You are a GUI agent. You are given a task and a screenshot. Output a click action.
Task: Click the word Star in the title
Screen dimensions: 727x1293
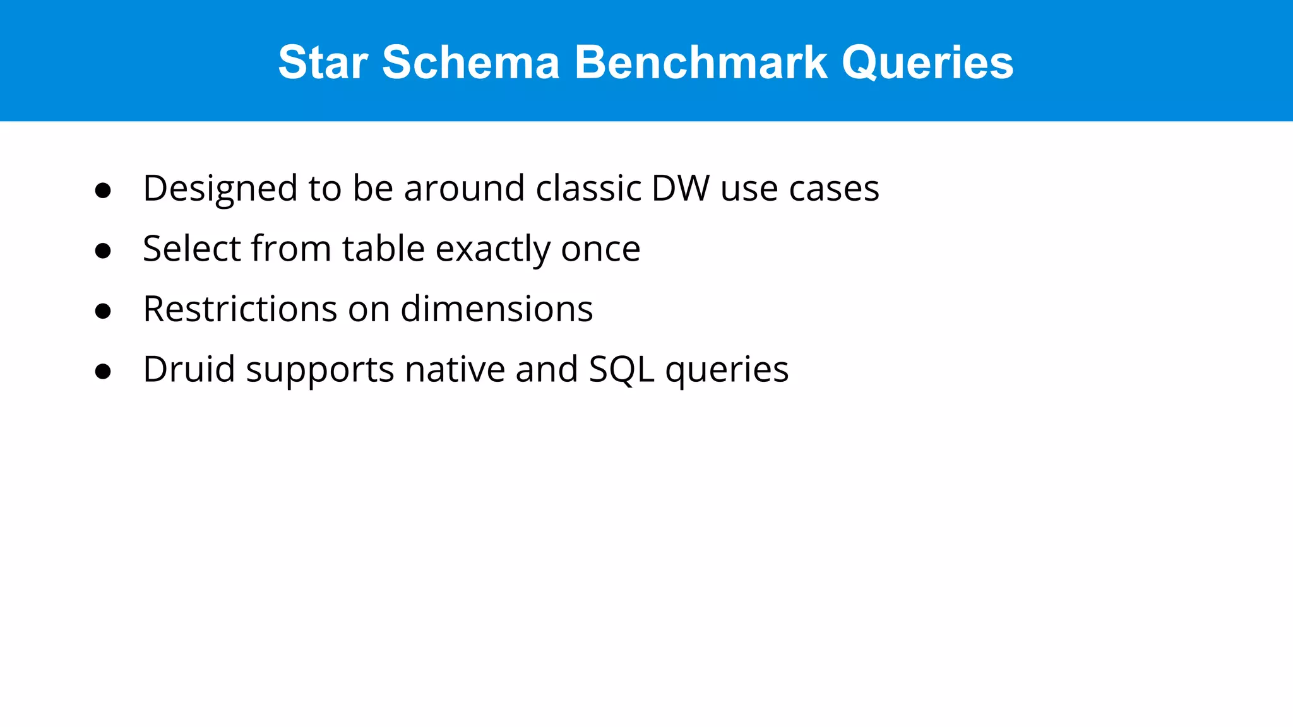pos(323,62)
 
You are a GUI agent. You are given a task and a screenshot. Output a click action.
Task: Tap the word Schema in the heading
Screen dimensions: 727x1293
pos(471,62)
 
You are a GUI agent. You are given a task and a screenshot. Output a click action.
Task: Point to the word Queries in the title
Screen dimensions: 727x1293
pos(927,62)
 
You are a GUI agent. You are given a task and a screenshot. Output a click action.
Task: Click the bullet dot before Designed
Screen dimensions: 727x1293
pos(103,191)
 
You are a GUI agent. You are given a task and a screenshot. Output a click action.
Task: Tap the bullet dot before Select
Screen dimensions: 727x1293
pos(103,251)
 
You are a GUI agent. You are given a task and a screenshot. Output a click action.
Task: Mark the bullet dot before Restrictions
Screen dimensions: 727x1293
pos(103,311)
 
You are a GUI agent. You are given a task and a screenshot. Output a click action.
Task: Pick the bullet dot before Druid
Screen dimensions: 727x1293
pos(103,371)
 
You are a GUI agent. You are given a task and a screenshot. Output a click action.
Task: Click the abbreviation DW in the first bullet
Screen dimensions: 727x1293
pos(680,188)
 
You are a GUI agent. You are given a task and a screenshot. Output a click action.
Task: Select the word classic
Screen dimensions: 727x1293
pos(588,188)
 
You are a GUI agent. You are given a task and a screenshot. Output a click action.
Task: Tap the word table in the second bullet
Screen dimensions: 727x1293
pos(383,248)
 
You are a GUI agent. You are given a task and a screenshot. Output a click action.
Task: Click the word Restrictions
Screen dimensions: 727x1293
pos(240,309)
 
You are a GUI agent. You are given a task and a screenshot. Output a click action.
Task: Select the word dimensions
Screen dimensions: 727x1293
pos(496,309)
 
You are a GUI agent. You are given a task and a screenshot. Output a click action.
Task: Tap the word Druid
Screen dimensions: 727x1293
pos(189,369)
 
